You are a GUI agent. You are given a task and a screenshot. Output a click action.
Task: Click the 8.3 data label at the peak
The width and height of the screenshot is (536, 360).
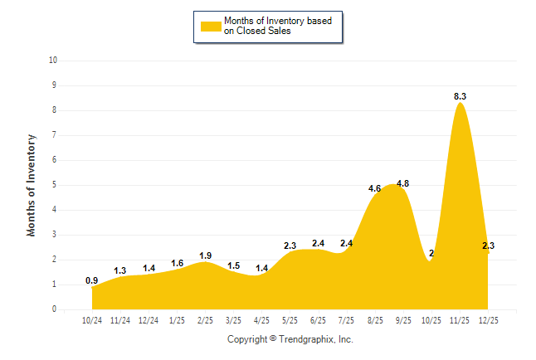[x=460, y=97]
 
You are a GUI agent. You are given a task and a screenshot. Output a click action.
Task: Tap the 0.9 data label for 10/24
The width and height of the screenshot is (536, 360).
[x=92, y=280]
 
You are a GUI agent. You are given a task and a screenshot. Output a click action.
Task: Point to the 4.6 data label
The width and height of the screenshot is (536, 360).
[x=375, y=188]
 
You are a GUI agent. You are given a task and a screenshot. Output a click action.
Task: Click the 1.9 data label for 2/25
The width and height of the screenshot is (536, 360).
[x=206, y=255]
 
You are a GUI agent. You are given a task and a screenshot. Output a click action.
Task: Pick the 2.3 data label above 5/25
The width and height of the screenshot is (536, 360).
[x=290, y=246]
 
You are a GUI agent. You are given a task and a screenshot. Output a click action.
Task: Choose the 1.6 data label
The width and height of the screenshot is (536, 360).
[x=178, y=263]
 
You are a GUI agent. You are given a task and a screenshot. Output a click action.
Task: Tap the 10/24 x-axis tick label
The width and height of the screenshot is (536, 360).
[x=92, y=319]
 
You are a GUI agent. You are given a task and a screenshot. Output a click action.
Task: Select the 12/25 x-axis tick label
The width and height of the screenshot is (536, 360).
[x=487, y=319]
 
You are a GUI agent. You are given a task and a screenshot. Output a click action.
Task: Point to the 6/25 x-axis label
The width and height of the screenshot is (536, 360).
[x=318, y=319]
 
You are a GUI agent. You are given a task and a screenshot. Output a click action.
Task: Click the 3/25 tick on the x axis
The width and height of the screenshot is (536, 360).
[x=233, y=319]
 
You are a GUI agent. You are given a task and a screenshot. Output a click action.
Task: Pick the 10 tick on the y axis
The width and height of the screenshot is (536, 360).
[x=53, y=61]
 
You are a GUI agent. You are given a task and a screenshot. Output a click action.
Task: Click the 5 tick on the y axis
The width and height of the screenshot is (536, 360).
[x=55, y=185]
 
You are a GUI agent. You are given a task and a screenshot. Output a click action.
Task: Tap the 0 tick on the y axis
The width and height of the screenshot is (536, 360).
[x=55, y=309]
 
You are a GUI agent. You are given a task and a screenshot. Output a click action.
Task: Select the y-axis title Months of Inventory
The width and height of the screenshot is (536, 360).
[x=32, y=185]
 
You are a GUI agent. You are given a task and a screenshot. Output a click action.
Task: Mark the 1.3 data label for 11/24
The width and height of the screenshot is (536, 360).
[x=120, y=270]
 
